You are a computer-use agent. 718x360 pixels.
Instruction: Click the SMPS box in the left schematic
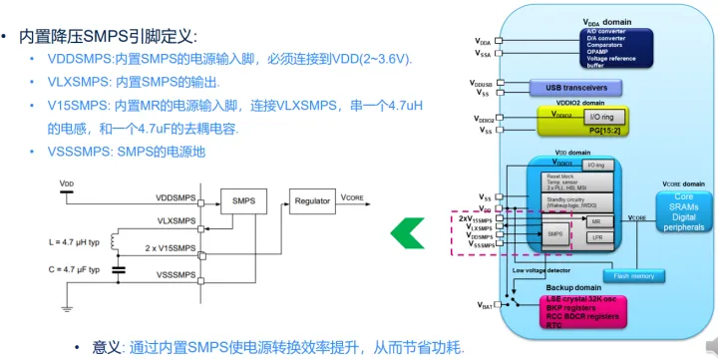[242, 201]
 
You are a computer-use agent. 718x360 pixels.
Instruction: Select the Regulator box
[312, 201]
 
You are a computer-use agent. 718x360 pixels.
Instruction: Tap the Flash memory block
[632, 275]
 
